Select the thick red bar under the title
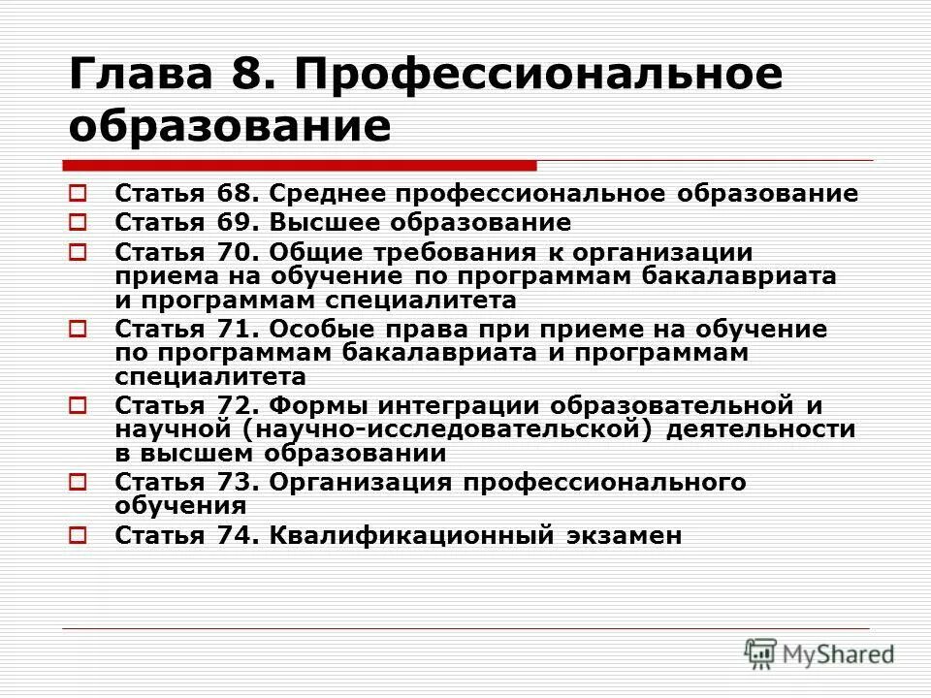[301, 165]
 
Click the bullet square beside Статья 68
[80, 193]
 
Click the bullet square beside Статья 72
[80, 405]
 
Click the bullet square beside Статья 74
[80, 534]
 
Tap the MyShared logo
[819, 654]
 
